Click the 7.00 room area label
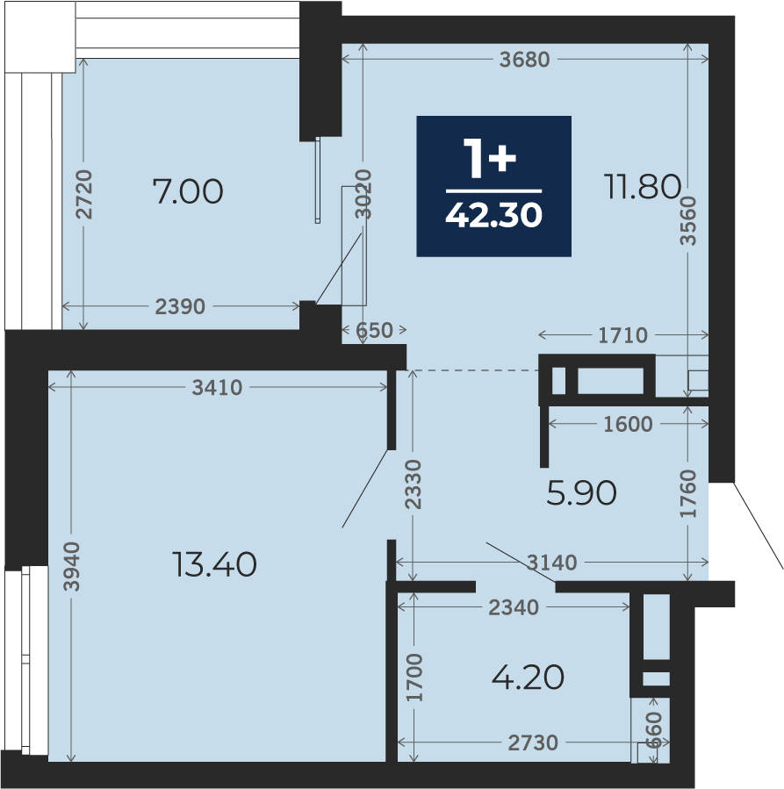pos(188,191)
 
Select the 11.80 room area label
pos(643,186)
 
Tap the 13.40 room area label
pos(214,564)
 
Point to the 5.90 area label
pos(581,492)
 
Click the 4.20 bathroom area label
pos(528,678)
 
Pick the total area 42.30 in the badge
pos(493,215)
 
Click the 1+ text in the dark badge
pos(490,158)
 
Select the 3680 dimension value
pos(524,60)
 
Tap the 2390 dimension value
pos(180,306)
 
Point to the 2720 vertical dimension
pos(84,194)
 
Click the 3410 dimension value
pos(217,387)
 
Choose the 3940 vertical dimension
pos(71,566)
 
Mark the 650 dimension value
pos(374,331)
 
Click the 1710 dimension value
pos(623,335)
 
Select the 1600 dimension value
pos(628,424)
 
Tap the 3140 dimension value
pos(551,562)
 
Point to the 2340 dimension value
pos(514,608)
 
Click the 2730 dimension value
pos(533,742)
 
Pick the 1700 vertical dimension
pos(414,678)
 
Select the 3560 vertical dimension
pos(688,220)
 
